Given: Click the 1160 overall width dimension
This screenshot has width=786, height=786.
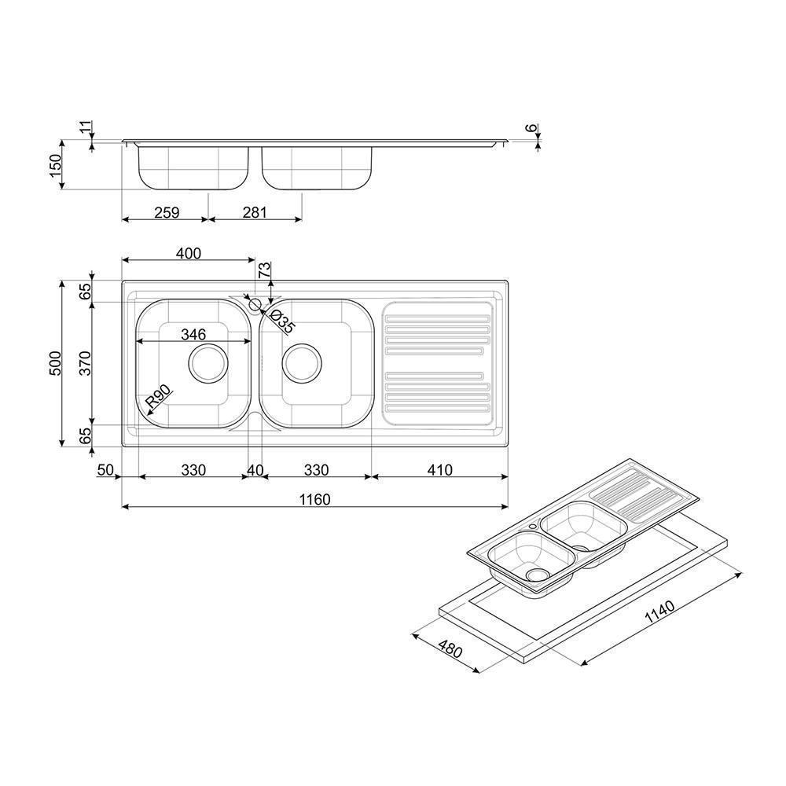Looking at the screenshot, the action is pyautogui.click(x=315, y=500).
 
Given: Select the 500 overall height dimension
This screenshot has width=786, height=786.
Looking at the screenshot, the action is pyautogui.click(x=55, y=363).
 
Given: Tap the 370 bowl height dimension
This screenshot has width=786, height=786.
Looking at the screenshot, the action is pyautogui.click(x=86, y=363).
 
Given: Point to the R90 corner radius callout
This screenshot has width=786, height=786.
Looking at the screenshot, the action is pyautogui.click(x=158, y=396).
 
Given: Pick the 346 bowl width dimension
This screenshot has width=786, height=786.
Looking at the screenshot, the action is pyautogui.click(x=193, y=334).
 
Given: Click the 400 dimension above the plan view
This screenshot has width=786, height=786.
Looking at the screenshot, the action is pyautogui.click(x=189, y=253).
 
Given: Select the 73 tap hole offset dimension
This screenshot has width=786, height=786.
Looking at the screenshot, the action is pyautogui.click(x=264, y=270).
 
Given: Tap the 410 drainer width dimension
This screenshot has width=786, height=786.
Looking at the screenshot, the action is pyautogui.click(x=439, y=470).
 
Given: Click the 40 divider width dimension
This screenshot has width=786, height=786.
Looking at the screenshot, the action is pyautogui.click(x=255, y=470).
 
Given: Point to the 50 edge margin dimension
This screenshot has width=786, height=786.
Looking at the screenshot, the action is pyautogui.click(x=105, y=470).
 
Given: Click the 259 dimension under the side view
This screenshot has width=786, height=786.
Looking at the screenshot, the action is pyautogui.click(x=167, y=212).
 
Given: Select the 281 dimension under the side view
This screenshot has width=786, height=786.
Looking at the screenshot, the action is pyautogui.click(x=255, y=212).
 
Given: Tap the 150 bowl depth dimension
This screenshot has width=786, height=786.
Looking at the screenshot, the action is pyautogui.click(x=55, y=165).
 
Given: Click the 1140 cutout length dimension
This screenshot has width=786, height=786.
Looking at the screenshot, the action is pyautogui.click(x=659, y=612).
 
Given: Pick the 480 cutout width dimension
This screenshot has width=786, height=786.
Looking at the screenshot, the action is pyautogui.click(x=450, y=649).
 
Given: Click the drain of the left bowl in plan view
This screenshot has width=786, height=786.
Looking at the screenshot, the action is pyautogui.click(x=208, y=363).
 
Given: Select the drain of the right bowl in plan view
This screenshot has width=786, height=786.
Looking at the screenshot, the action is pyautogui.click(x=302, y=363).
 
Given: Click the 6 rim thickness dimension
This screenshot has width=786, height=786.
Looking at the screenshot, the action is pyautogui.click(x=531, y=128).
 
